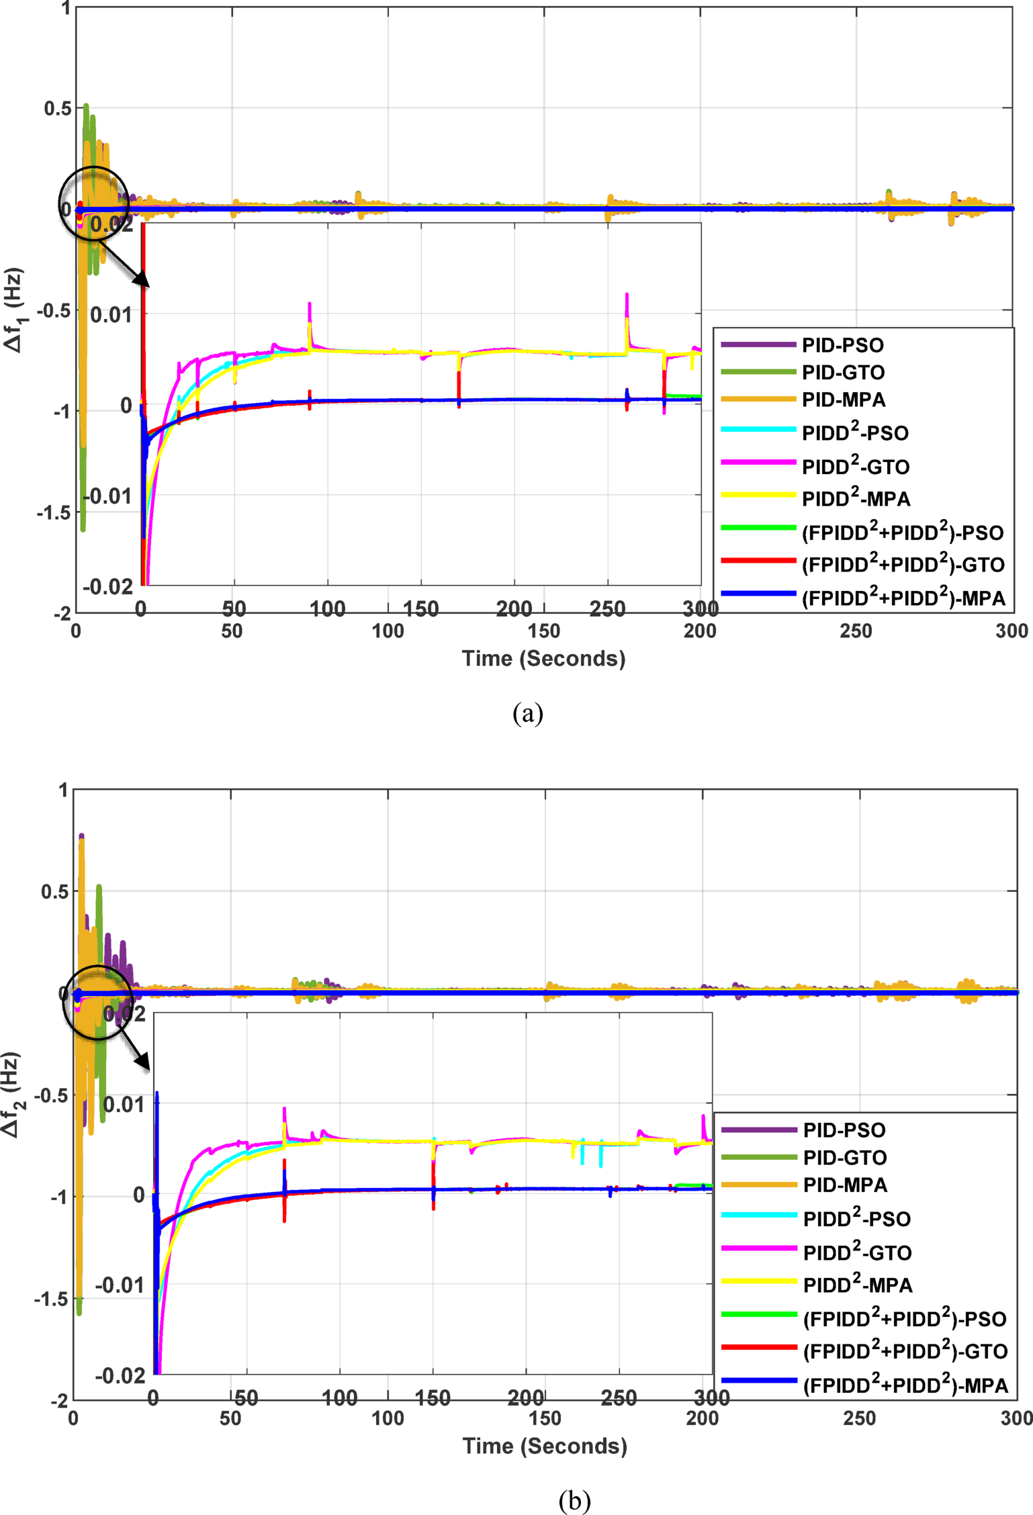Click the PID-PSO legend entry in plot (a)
point(842,345)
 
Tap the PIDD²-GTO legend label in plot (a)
point(856,466)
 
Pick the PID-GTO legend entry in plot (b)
point(844,1158)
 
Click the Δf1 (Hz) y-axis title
point(15,310)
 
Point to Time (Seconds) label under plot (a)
point(543,658)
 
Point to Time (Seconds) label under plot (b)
point(545,1446)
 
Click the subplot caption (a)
point(527,713)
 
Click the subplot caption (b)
point(574,1500)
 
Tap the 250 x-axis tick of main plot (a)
point(856,631)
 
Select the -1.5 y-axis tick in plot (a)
point(54,512)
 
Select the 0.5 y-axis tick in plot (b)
point(54,891)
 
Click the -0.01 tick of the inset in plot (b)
point(120,1285)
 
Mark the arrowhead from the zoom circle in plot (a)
point(142,280)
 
